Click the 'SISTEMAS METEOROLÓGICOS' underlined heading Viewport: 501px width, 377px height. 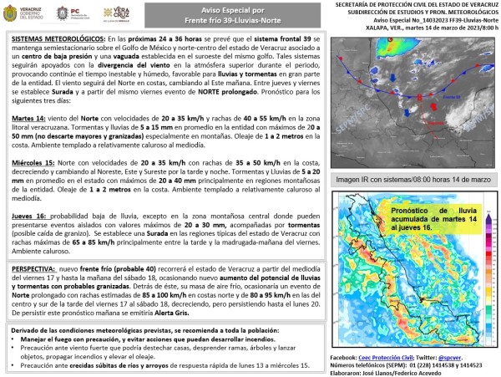point(55,40)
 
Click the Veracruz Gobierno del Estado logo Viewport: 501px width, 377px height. point(23,14)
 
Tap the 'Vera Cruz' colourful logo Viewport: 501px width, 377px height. point(117,14)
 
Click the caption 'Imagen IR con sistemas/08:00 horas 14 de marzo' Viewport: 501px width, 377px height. point(412,179)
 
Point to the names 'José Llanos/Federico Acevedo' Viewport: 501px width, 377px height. point(411,371)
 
